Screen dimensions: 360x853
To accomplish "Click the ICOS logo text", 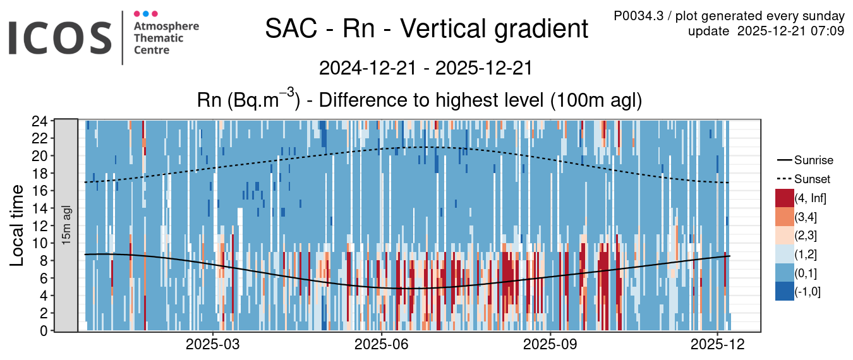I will [59, 37].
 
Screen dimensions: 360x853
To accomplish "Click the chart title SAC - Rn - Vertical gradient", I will [426, 29].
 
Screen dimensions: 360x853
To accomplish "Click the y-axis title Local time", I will [17, 225].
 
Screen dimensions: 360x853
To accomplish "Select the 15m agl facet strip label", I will [66, 225].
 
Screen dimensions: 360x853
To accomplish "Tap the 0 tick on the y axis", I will [43, 330].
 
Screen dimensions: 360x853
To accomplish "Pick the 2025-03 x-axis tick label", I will [214, 345].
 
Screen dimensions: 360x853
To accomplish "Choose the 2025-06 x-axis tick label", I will [382, 345].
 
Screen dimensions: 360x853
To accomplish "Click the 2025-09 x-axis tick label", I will [550, 345].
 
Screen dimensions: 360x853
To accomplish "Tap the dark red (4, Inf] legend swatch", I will [784, 198].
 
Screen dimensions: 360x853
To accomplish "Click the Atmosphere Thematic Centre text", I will [166, 38].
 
